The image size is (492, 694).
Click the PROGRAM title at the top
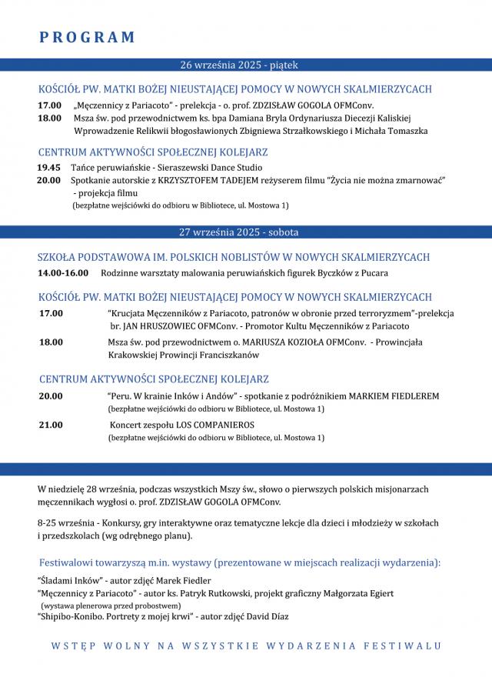point(86,37)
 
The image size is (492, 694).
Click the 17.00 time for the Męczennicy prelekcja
point(49,105)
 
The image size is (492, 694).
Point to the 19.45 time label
point(48,167)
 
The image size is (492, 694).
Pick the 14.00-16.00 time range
point(63,272)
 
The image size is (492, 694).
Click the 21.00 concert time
point(51,424)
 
